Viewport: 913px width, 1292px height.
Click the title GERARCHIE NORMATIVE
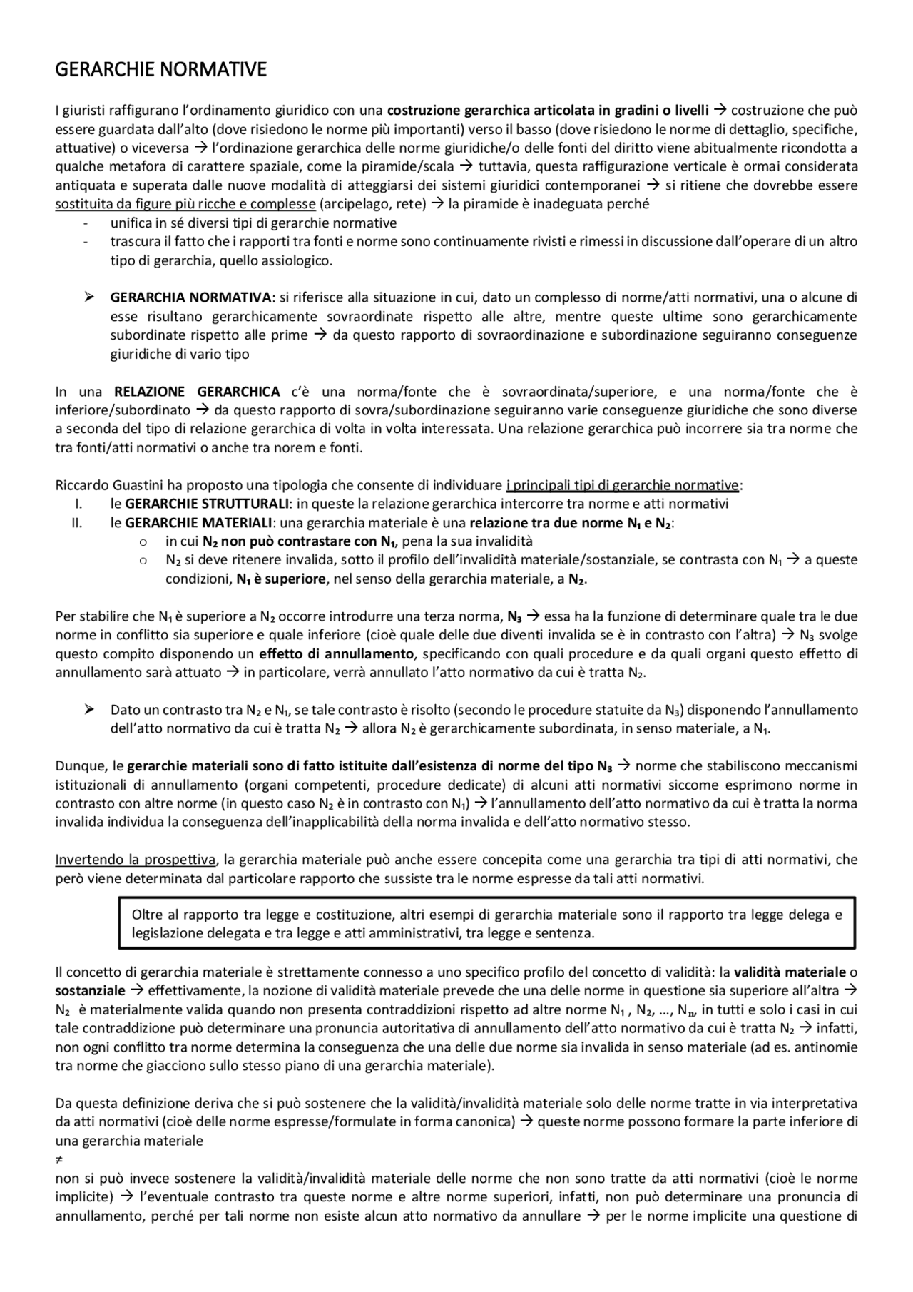pyautogui.click(x=160, y=70)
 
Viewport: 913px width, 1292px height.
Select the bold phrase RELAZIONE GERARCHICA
pyautogui.click(x=197, y=392)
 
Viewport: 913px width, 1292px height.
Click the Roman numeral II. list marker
pyautogui.click(x=76, y=523)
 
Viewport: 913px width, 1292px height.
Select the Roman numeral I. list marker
pyautogui.click(x=78, y=504)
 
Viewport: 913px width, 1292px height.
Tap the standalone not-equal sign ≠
pyautogui.click(x=59, y=1160)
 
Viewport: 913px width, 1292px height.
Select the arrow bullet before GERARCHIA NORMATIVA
pyautogui.click(x=89, y=297)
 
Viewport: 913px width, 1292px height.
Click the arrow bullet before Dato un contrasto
pyautogui.click(x=89, y=710)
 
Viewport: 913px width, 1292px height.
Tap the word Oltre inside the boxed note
pyautogui.click(x=146, y=915)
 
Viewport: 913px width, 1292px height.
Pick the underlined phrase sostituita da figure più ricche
pyautogui.click(x=185, y=204)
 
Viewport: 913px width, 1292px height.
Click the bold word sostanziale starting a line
pyautogui.click(x=90, y=991)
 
